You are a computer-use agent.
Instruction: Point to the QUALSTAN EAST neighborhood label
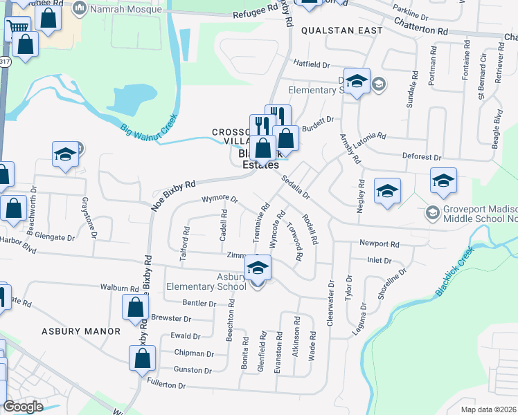[x=341, y=31]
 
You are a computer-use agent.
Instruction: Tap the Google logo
[x=23, y=407]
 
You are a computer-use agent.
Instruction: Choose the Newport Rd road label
[x=379, y=244]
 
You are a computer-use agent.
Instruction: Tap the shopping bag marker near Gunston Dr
[x=142, y=358]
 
